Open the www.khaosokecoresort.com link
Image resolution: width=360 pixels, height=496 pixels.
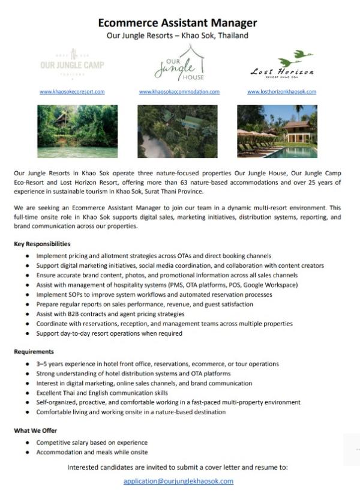click(72, 92)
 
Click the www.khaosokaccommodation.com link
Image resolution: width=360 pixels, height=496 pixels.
click(179, 92)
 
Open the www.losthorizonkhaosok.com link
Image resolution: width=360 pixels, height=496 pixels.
click(281, 92)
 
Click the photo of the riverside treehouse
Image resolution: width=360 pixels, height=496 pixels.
click(69, 132)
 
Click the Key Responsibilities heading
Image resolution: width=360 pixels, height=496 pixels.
click(42, 244)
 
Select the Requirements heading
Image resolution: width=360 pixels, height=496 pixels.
click(34, 352)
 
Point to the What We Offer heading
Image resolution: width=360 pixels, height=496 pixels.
click(35, 431)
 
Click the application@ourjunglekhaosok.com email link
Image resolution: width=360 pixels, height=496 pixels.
click(178, 482)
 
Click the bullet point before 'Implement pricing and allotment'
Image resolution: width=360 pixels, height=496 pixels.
click(28, 256)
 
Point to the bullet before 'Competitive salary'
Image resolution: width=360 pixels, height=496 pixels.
click(28, 443)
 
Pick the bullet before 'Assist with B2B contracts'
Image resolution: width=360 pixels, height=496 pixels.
click(28, 315)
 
